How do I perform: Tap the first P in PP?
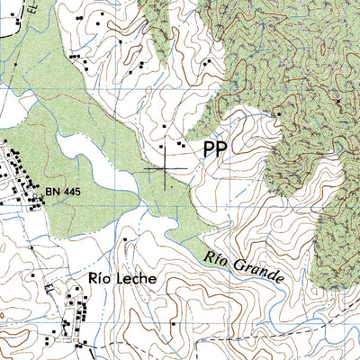tap(210, 149)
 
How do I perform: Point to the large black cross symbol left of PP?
tap(166, 167)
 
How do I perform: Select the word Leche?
tap(136, 279)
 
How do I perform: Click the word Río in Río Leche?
tap(99, 279)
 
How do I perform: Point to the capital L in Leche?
tap(119, 279)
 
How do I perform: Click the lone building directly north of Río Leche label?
tap(125, 240)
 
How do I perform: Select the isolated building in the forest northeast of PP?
tap(279, 114)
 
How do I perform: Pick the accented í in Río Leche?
tap(101, 279)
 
